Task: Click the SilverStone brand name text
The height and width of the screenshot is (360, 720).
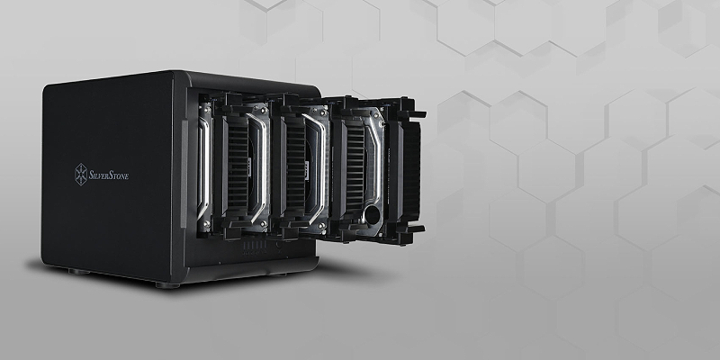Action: [108, 175]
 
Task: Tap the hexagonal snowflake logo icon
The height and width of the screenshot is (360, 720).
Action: [81, 175]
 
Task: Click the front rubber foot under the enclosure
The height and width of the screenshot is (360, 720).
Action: [167, 285]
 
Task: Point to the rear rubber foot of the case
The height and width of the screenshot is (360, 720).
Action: [79, 272]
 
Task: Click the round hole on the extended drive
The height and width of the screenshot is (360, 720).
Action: [372, 214]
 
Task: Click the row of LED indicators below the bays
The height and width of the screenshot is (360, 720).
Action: [255, 246]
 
